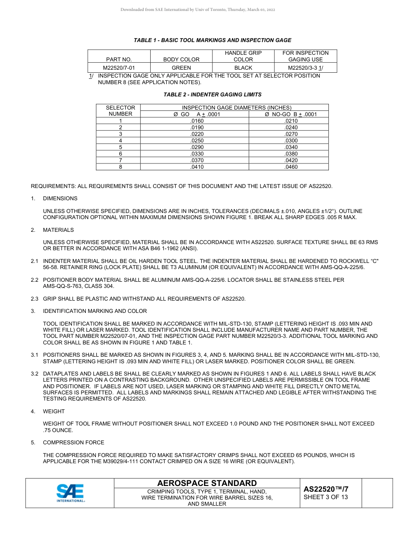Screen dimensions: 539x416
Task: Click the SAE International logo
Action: (71, 493)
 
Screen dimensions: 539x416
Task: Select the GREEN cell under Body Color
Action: (181, 68)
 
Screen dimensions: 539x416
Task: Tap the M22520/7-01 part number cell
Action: (119, 68)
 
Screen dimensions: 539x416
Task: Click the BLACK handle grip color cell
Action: (243, 68)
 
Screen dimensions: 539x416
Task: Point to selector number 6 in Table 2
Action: (120, 154)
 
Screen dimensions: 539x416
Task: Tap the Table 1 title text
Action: (212, 40)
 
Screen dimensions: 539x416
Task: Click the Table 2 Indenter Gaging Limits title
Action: (212, 94)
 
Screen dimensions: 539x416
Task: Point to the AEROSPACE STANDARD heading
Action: (207, 483)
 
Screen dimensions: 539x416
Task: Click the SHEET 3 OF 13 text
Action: (326, 497)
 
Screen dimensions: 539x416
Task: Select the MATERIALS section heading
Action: (58, 230)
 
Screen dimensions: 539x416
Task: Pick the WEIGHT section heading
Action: (54, 411)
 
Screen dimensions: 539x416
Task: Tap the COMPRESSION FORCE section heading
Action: (74, 443)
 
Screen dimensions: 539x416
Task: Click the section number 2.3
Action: (35, 299)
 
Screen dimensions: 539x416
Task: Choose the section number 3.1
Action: (35, 355)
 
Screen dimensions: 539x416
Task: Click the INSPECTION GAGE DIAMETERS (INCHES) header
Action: (236, 108)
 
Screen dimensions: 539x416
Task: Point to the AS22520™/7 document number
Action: (326, 489)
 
